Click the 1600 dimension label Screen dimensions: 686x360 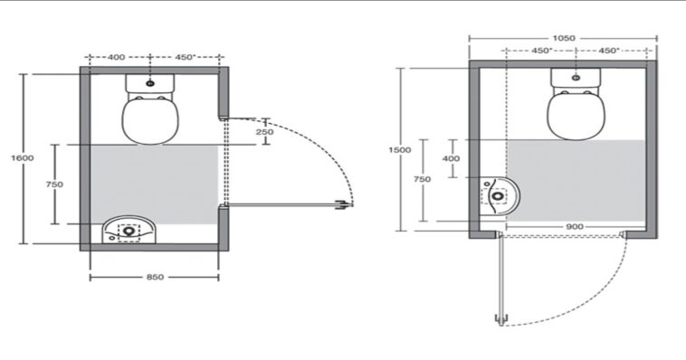click(x=23, y=158)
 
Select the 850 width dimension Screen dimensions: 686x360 click(x=155, y=277)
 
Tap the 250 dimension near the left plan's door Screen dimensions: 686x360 click(x=264, y=132)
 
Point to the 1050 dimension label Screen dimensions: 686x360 click(x=564, y=38)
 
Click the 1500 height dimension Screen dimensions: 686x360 click(x=400, y=149)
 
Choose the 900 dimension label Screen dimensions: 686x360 click(x=575, y=227)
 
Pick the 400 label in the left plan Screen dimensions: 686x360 click(x=117, y=57)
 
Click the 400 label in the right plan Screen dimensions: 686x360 click(x=451, y=158)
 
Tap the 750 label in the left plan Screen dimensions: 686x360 click(x=54, y=185)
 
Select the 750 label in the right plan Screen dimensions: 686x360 click(x=422, y=179)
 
